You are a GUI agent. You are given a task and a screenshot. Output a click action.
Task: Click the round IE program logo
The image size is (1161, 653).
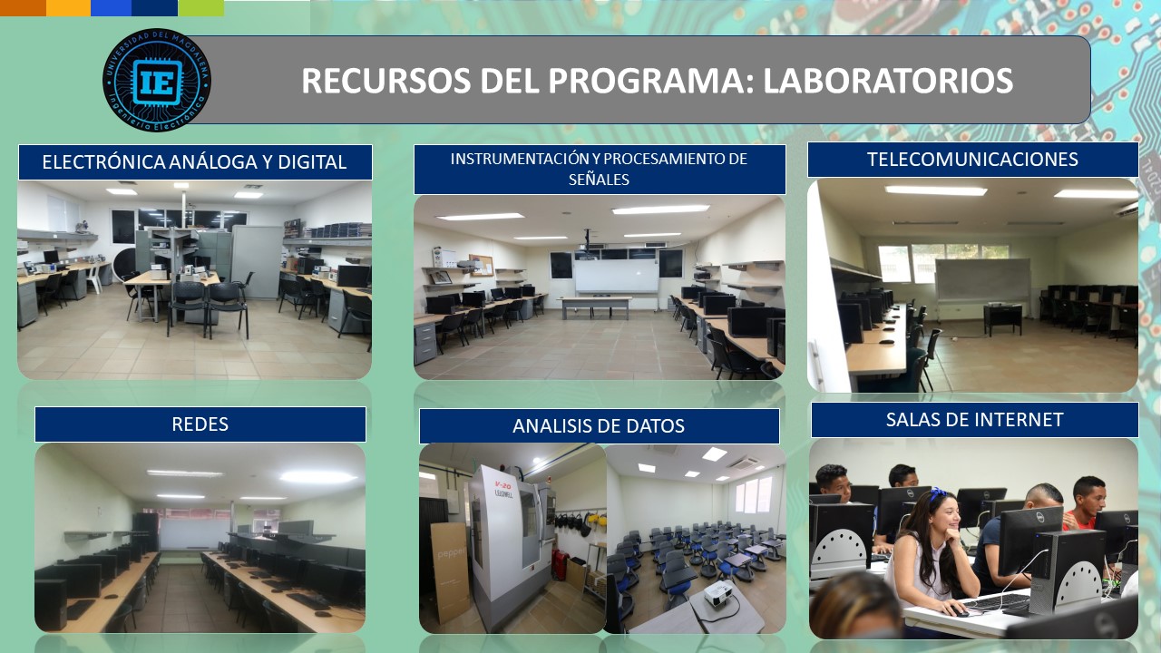click(x=157, y=80)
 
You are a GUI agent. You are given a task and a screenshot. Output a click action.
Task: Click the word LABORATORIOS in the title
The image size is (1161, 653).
click(x=888, y=81)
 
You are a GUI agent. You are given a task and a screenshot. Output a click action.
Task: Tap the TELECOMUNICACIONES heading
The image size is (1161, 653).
click(x=972, y=160)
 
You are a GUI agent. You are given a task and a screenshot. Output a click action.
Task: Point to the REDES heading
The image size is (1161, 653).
click(x=200, y=424)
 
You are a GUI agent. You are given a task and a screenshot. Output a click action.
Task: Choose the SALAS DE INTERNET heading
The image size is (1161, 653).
click(x=974, y=420)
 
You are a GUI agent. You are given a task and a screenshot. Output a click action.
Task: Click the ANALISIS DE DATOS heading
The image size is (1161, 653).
click(x=599, y=426)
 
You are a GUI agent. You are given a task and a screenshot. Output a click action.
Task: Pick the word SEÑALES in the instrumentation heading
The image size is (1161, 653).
click(x=599, y=180)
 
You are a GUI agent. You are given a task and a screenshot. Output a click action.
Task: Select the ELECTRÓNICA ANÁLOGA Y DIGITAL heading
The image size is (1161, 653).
click(x=194, y=162)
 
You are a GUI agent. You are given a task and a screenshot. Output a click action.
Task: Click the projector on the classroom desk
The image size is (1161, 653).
click(x=718, y=593)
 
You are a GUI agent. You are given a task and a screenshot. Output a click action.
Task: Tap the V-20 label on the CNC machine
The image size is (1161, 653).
click(x=502, y=485)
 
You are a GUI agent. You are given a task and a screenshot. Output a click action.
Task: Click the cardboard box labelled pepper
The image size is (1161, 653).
click(x=450, y=571)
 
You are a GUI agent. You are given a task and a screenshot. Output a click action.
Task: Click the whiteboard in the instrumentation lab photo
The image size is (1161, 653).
click(x=616, y=277)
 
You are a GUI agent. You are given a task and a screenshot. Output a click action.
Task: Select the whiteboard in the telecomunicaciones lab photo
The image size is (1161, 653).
click(x=982, y=280)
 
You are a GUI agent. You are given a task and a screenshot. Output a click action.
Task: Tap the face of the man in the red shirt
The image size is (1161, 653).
click(x=1092, y=499)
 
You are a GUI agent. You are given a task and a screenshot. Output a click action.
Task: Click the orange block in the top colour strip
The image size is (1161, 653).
click(x=23, y=8)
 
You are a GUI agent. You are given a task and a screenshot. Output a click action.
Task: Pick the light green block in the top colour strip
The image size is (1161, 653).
click(x=201, y=8)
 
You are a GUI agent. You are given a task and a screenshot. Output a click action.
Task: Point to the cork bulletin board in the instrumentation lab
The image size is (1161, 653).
click(x=481, y=265)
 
